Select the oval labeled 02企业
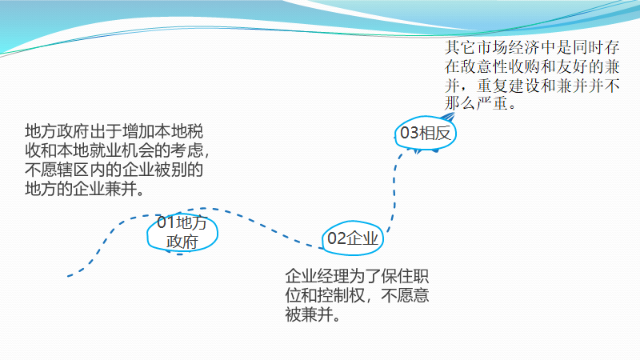354,238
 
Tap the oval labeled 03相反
426,134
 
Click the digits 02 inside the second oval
336,238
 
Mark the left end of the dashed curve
69,276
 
